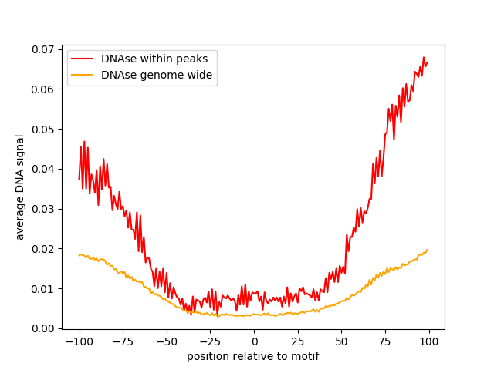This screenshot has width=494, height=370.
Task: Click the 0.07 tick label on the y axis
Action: click(43, 49)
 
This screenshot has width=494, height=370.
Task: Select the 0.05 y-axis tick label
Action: click(43, 129)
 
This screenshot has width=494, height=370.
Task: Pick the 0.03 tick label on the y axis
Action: click(43, 209)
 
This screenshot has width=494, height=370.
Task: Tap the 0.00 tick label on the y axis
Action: click(43, 328)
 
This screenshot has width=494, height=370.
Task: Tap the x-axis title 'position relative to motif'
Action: click(252, 356)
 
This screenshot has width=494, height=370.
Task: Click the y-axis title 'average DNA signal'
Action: click(20, 187)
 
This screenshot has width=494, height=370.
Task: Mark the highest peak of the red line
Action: click(424, 57)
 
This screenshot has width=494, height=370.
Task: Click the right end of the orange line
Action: click(427, 250)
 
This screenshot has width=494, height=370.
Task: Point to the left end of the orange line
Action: click(79, 255)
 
